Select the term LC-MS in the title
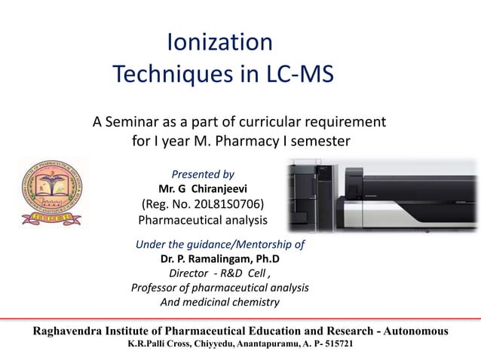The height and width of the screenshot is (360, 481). [299, 74]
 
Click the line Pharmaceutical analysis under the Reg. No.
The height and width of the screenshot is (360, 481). [203, 220]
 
